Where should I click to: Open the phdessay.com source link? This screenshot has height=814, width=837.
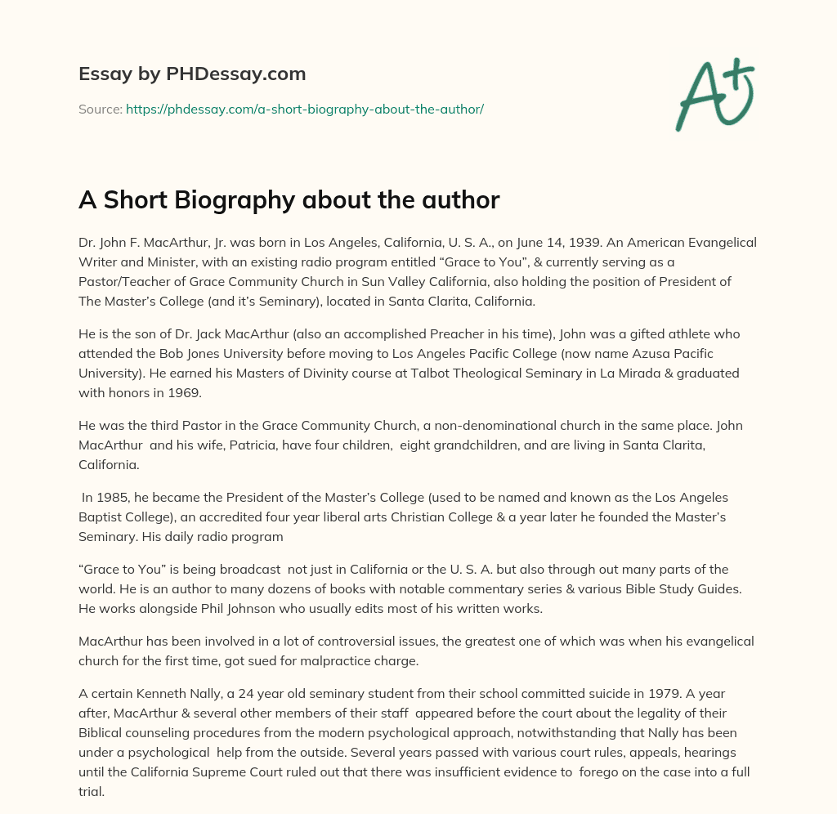(x=304, y=109)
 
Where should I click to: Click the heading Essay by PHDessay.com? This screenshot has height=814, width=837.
(x=192, y=74)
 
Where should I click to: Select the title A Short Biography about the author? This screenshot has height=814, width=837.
(x=289, y=200)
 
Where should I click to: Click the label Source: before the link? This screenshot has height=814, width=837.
(x=101, y=109)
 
